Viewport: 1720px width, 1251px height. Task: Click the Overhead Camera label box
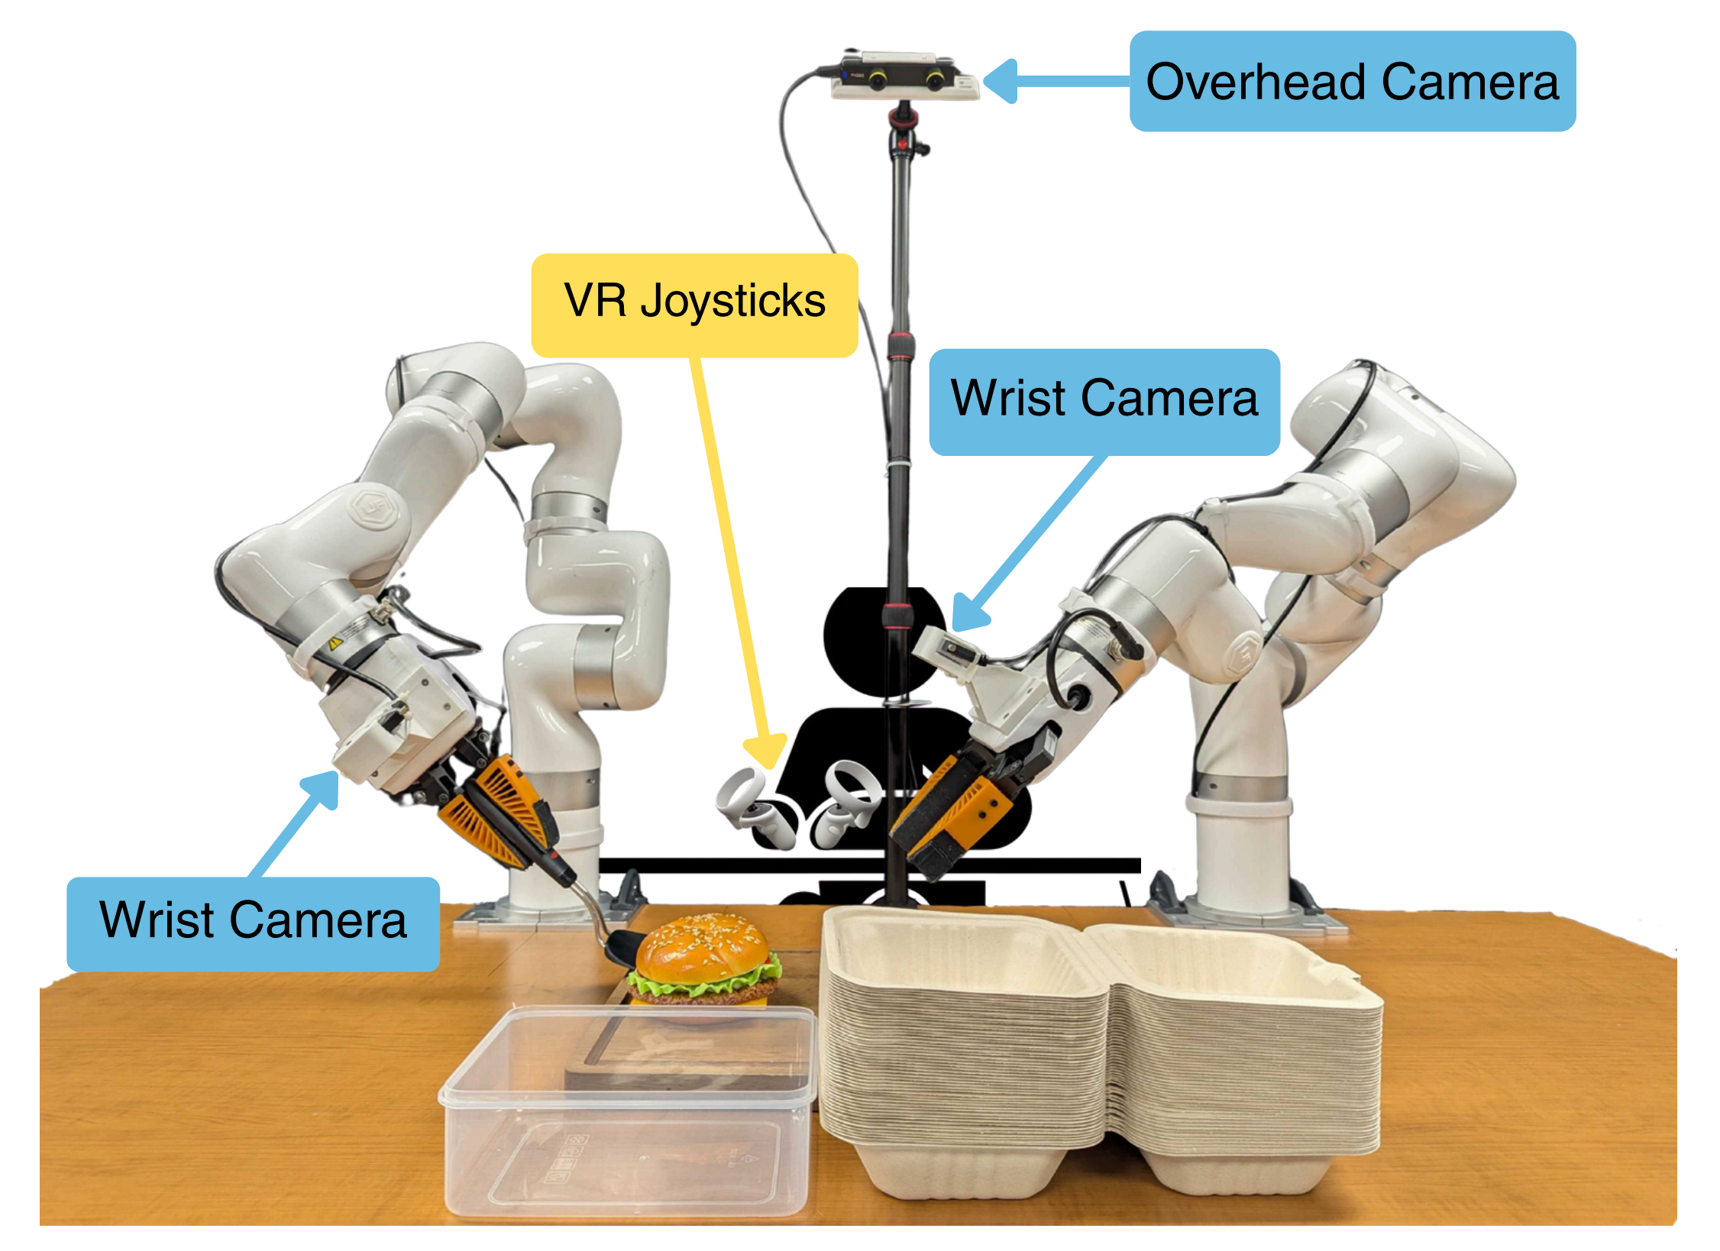coord(1352,81)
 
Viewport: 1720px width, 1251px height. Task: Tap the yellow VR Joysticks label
coord(694,305)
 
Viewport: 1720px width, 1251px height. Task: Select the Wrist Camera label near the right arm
coord(1104,401)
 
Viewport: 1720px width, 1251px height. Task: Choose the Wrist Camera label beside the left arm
coord(253,923)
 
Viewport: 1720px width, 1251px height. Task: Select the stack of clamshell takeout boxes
coord(1100,1054)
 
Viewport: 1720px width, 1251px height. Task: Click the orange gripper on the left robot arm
coord(500,810)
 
